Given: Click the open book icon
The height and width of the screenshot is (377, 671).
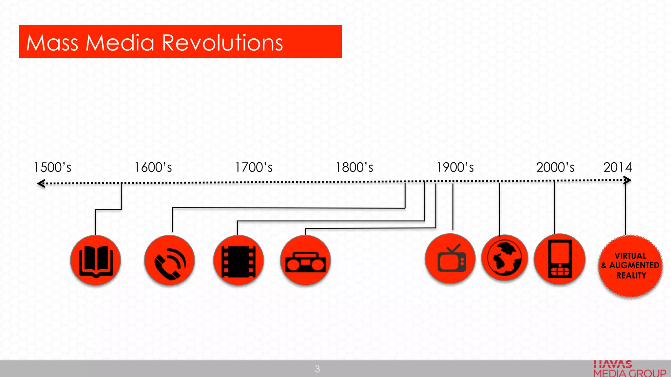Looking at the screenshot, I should (96, 261).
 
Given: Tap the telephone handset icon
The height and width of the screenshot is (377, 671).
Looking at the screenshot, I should (169, 261).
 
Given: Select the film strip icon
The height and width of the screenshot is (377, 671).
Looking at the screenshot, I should (239, 261).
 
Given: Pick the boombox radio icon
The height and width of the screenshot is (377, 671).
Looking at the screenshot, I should (305, 261).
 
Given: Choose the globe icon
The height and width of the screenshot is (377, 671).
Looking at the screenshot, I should (505, 258).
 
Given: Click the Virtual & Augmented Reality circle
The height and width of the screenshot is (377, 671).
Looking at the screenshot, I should (630, 266).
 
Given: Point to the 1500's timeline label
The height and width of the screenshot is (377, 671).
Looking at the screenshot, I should (52, 168).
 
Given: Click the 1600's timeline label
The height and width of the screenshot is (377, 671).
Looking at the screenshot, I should (153, 168).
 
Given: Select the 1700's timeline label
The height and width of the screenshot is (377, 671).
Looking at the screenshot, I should (254, 168).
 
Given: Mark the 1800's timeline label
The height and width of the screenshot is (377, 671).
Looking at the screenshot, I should (354, 168).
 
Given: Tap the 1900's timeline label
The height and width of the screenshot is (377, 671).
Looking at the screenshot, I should (455, 168).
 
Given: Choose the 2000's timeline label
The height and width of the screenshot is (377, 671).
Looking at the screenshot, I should (555, 168).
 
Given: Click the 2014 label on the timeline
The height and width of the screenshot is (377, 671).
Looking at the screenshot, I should (618, 168).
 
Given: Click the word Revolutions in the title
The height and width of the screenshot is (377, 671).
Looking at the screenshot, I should (222, 43).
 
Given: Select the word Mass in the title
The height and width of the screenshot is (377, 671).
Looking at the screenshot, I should (52, 43).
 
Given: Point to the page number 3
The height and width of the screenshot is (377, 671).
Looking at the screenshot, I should (317, 369).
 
